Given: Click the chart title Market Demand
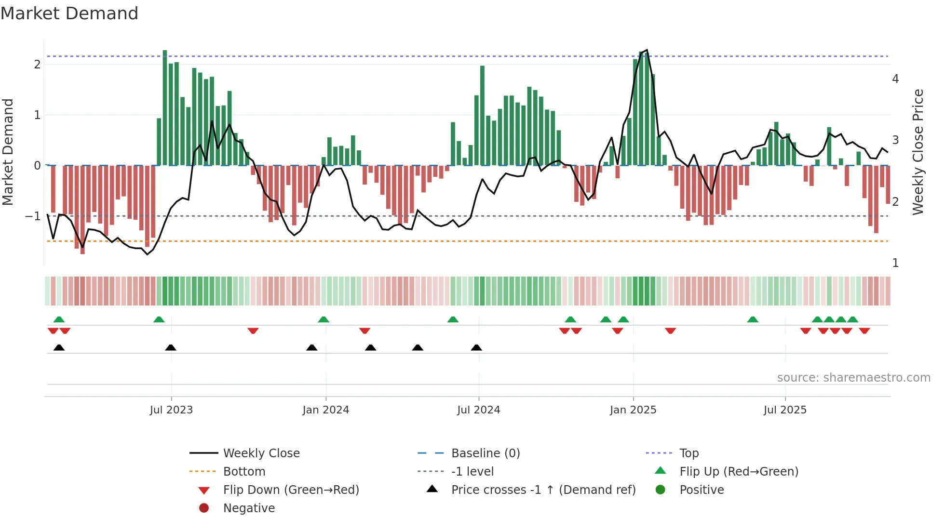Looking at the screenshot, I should (x=69, y=13).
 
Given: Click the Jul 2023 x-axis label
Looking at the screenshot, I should (x=171, y=410).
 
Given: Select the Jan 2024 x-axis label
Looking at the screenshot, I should (x=326, y=410).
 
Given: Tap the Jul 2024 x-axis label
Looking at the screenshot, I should (x=479, y=410).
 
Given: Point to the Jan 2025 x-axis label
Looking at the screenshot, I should (x=633, y=410).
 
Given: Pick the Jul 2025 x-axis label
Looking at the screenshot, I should (x=785, y=410).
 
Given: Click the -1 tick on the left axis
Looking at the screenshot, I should (x=33, y=216).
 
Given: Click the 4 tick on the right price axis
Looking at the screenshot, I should (x=895, y=79).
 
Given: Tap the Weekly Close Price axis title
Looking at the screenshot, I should (x=918, y=152).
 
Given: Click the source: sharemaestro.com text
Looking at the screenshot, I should (x=853, y=378).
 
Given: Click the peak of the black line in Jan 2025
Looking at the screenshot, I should (x=647, y=50).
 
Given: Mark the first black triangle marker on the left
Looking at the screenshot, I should (x=59, y=347).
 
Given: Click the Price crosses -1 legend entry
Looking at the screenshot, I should (x=543, y=490).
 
